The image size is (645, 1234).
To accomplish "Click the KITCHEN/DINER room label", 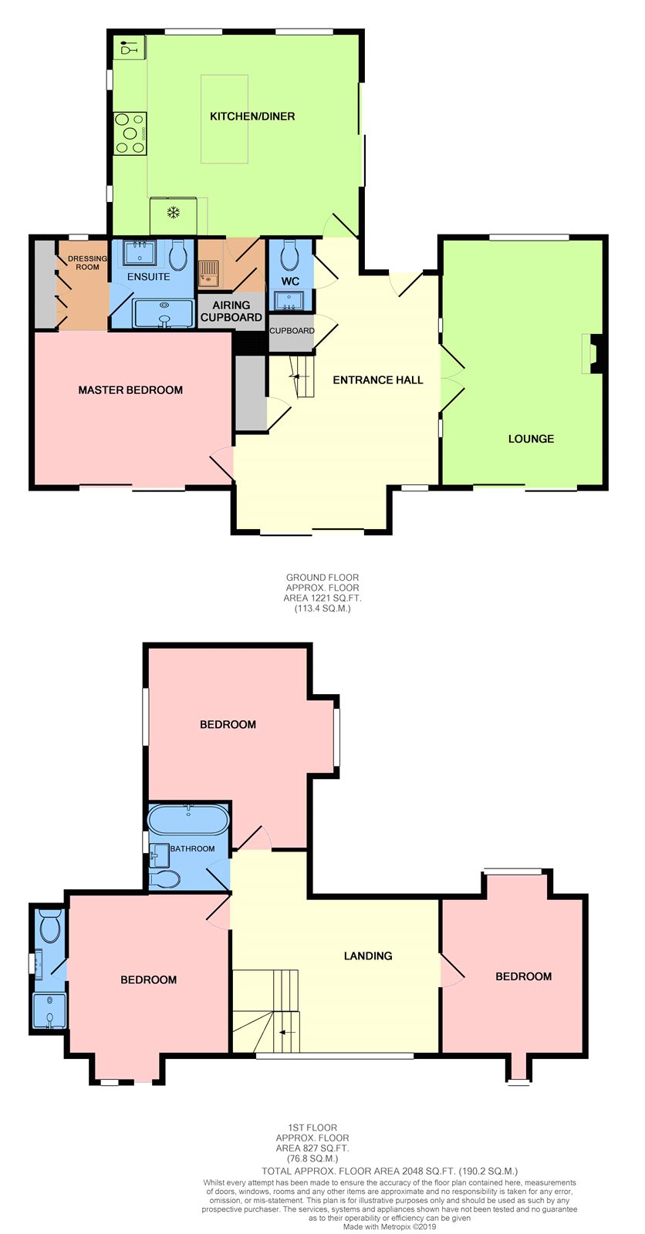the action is tap(252, 116).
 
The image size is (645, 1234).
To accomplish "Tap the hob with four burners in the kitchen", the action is tap(130, 133).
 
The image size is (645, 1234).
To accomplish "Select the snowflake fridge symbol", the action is tap(174, 213).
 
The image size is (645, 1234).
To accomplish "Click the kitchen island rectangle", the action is tap(224, 119).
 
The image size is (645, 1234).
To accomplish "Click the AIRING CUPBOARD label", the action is tap(231, 312).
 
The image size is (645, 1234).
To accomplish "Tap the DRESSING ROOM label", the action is tap(87, 263).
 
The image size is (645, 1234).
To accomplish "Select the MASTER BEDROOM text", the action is tap(130, 390).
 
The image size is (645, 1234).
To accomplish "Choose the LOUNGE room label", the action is tap(531, 439).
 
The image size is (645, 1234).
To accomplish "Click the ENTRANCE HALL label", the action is tap(377, 379).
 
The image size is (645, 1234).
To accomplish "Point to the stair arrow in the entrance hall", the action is tap(299, 377).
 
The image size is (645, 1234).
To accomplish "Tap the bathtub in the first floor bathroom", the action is tap(188, 820).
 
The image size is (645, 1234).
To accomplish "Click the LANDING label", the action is tap(368, 956).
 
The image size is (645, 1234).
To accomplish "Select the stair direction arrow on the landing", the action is tap(287, 1032).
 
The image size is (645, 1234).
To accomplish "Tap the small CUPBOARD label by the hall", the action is tap(292, 331).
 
